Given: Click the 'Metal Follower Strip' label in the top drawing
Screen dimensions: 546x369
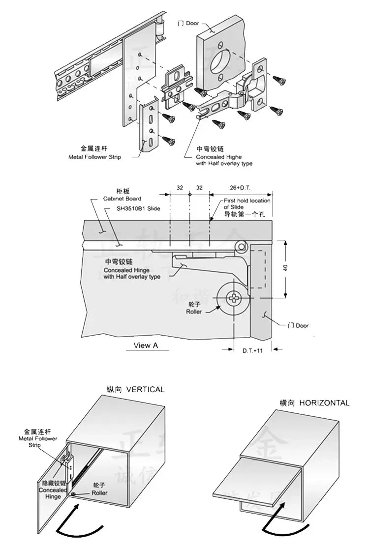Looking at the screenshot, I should coord(94,157).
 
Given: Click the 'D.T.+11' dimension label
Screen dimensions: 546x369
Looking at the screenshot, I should coord(253,351).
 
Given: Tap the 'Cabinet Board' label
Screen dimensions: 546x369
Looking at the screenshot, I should coord(122,199).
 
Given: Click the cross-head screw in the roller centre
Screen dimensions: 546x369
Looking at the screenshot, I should coord(234,298).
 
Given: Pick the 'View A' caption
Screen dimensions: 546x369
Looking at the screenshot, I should coord(146,345).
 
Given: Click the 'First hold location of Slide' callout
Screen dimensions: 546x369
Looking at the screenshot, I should coord(247,203).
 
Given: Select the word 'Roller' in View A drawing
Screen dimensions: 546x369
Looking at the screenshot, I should coord(194,312).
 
